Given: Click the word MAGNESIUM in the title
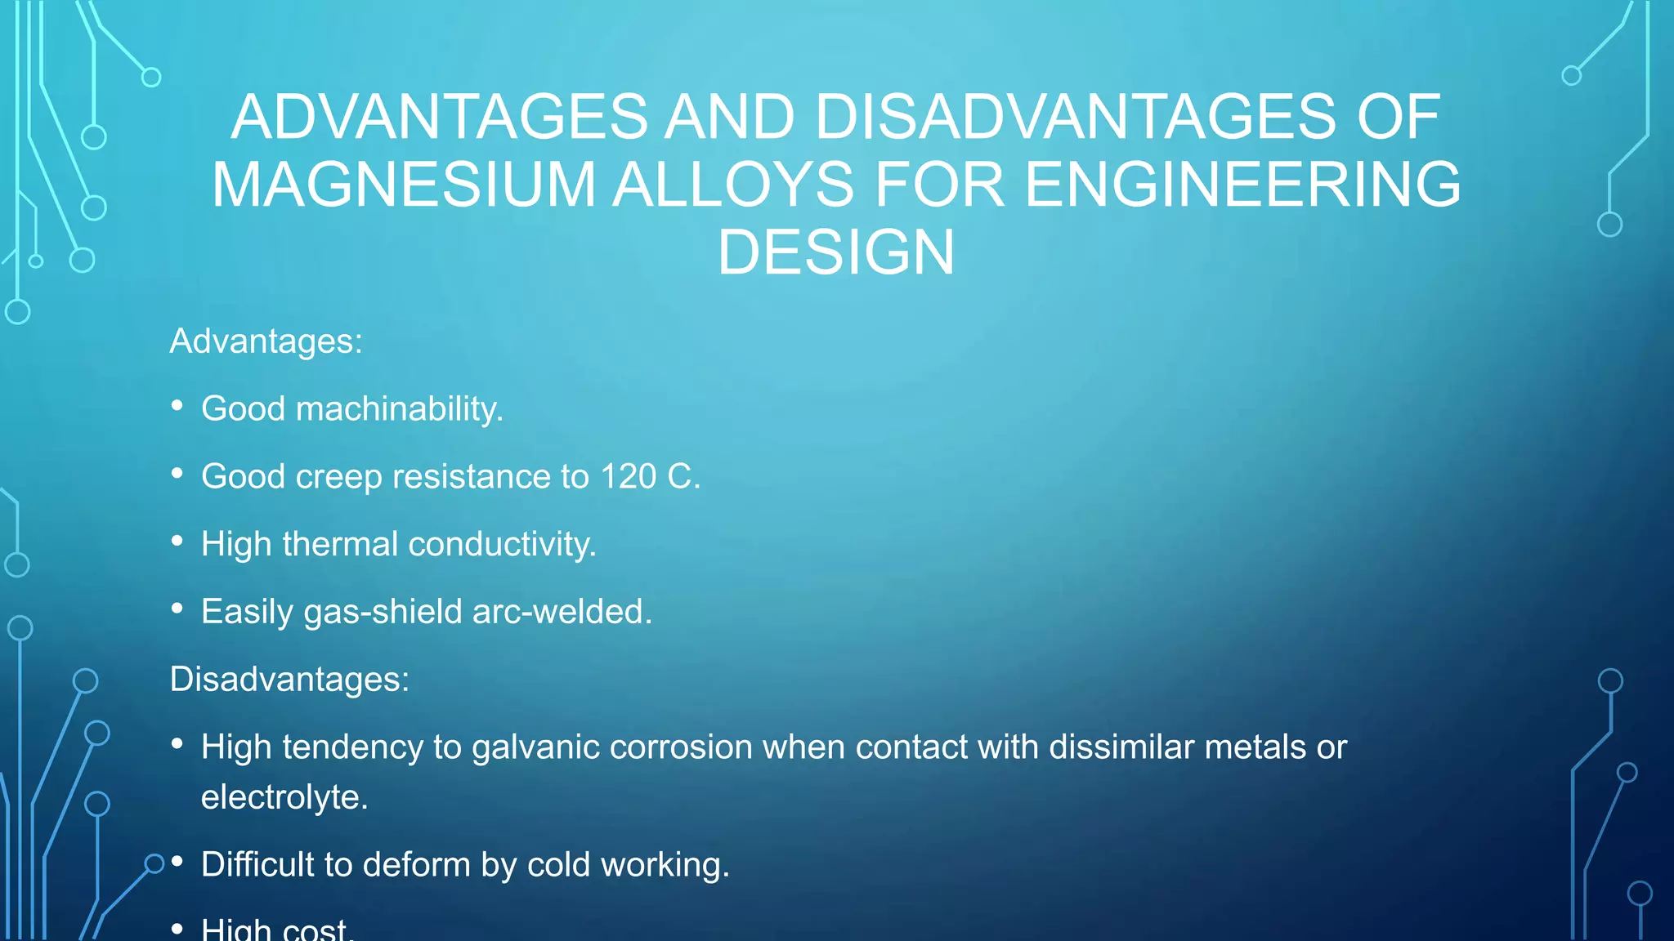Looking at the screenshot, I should [x=404, y=185].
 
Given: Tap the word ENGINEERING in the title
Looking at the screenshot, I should [x=1242, y=185].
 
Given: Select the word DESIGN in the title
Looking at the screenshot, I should [x=836, y=252].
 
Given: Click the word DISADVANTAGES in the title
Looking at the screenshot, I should [x=1076, y=117].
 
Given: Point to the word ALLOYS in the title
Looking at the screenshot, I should [x=734, y=185].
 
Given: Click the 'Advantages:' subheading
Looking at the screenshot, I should [x=266, y=341].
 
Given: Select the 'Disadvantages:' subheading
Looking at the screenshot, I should [x=289, y=679].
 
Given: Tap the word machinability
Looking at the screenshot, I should [x=399, y=408].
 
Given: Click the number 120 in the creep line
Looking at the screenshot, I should [x=628, y=476].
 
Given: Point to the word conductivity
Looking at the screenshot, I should [x=502, y=544].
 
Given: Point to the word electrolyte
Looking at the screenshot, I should [x=284, y=797].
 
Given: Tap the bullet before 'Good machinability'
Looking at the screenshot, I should [x=177, y=405].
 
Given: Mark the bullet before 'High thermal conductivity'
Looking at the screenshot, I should [x=177, y=541].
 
